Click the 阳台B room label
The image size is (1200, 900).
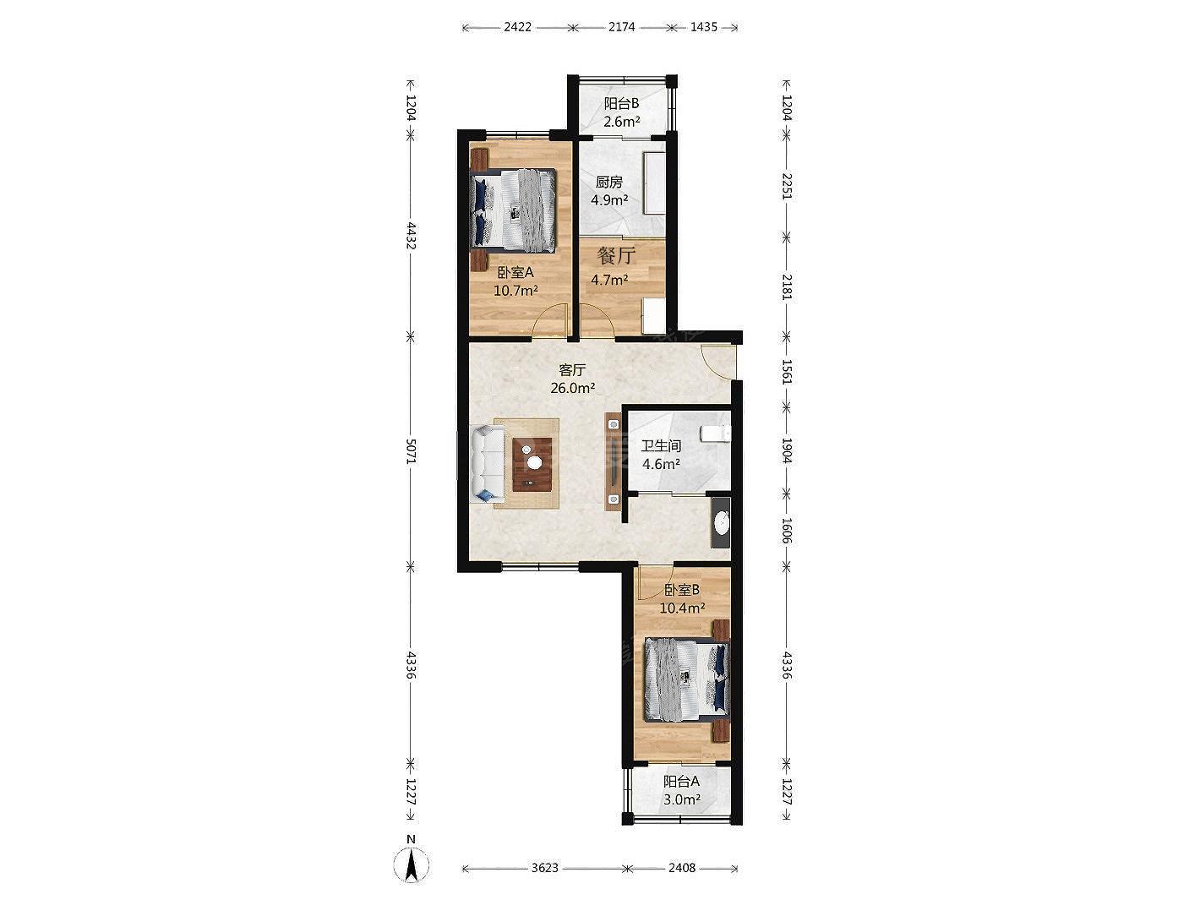point(621,103)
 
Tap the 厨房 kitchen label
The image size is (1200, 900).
point(609,182)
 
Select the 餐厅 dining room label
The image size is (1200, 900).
point(616,254)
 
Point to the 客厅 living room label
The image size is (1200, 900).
point(572,370)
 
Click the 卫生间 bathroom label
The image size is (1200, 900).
point(662,446)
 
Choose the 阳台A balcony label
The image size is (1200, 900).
point(681,782)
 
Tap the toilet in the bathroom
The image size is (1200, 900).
point(716,434)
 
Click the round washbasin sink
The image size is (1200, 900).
point(722,522)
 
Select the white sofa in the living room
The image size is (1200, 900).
point(105,464)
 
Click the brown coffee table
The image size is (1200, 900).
point(150,465)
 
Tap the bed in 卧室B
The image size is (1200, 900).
point(687,680)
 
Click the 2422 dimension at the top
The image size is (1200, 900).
point(517,27)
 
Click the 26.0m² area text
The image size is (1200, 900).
point(572,388)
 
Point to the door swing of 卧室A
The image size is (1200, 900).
point(549,319)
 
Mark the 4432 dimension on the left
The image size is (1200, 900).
point(412,236)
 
